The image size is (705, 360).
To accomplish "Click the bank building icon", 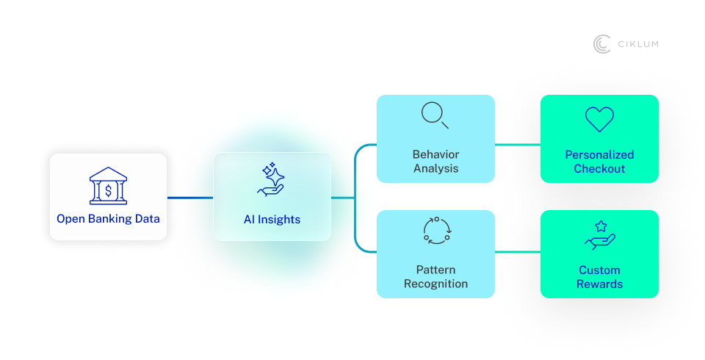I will pos(108,187).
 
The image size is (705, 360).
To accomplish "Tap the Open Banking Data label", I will pos(108,218).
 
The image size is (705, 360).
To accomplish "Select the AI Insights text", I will pos(272,219).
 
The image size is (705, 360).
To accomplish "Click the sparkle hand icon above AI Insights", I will pos(272,180).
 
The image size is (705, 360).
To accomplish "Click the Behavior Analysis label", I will pos(435,162).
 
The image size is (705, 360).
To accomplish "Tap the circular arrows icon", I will pos(435,231).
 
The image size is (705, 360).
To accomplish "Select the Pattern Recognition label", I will pos(435,277).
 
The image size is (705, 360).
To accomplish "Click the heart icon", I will pos(599,119).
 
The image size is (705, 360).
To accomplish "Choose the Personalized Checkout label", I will pos(599,162).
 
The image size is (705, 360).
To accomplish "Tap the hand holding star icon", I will pos(599,235).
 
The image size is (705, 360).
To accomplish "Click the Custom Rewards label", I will pos(599,277).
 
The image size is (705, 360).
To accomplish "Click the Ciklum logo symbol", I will pos(602,44).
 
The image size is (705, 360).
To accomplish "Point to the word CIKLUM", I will pos(637,44).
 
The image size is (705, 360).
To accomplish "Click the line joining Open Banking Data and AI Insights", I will pos(190,198).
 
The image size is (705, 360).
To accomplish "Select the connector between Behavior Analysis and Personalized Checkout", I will pos(518,145).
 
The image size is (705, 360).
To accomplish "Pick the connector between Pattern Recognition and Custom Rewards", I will pos(518,252).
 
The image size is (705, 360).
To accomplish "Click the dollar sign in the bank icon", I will pos(108,191).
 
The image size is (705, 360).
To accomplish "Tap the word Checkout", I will pos(599,169).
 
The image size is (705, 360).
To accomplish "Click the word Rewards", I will pos(599,284).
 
